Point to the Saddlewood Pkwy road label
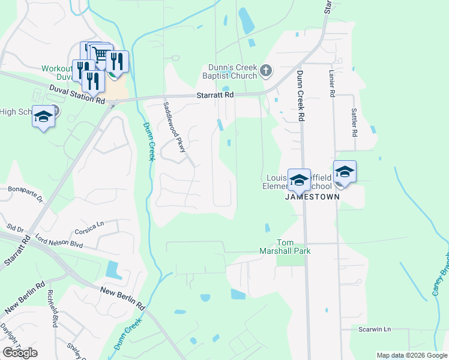coord(174,127)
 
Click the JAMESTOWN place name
coord(312,196)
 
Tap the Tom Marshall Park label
coord(285,246)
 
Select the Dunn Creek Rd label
coord(300,96)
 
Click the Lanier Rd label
coord(331,83)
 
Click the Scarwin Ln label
coord(375,329)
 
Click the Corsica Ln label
coord(89,227)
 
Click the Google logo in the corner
coord(20,353)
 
